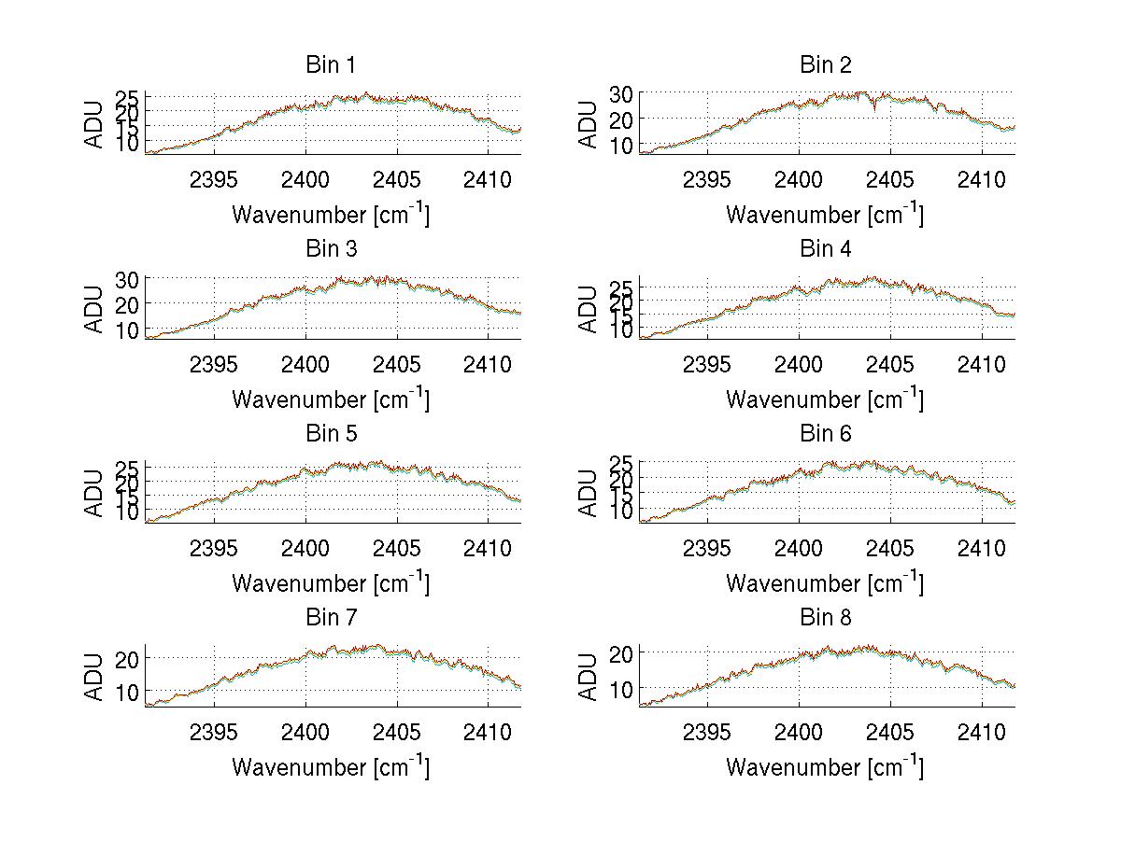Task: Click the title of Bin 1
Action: (x=331, y=65)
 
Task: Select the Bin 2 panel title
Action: (x=826, y=65)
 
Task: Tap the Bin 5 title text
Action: (x=331, y=434)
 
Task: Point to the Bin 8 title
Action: (x=826, y=618)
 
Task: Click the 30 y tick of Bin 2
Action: (x=622, y=93)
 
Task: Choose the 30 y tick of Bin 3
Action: (x=129, y=279)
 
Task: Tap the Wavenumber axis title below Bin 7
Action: (x=331, y=766)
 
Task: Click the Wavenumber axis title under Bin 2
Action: (x=825, y=214)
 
